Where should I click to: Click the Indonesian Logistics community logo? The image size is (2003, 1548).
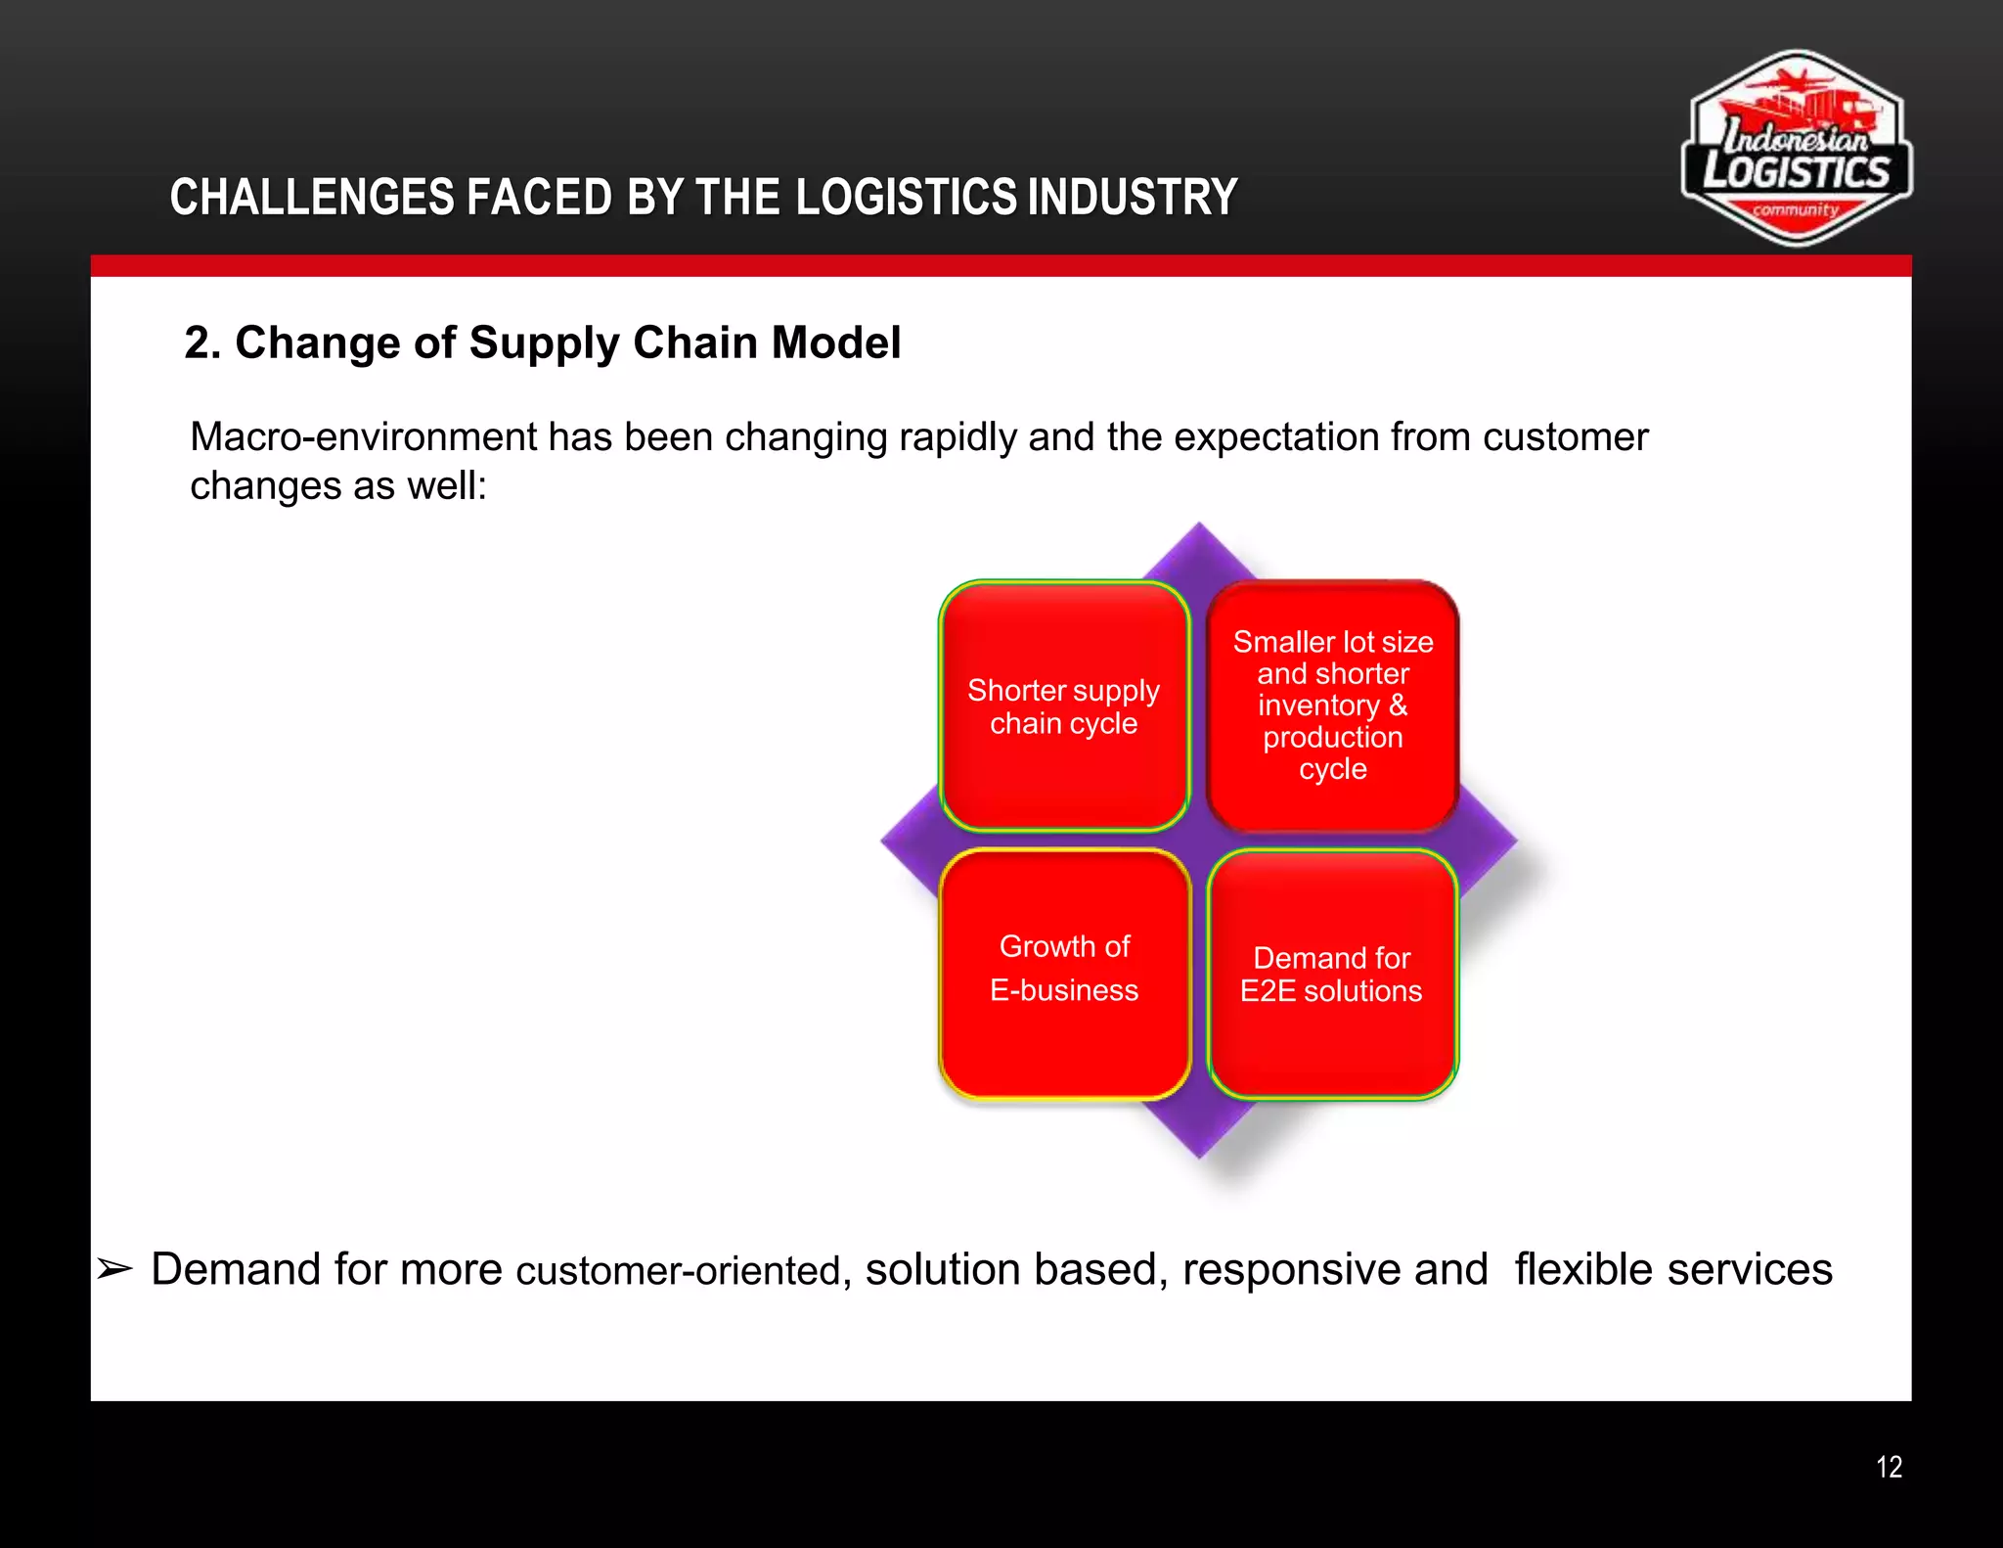[1796, 149]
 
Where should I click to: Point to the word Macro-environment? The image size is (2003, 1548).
[363, 437]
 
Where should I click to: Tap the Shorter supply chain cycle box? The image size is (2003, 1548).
[1064, 706]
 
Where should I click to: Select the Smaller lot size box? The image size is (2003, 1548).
[1332, 706]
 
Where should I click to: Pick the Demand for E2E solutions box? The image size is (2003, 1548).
[1332, 975]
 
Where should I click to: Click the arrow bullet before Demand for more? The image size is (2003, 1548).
[114, 1270]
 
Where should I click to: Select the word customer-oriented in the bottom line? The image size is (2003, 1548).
[678, 1271]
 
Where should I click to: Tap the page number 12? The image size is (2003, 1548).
[1889, 1467]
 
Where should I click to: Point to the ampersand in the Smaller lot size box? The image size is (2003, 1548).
[1398, 706]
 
